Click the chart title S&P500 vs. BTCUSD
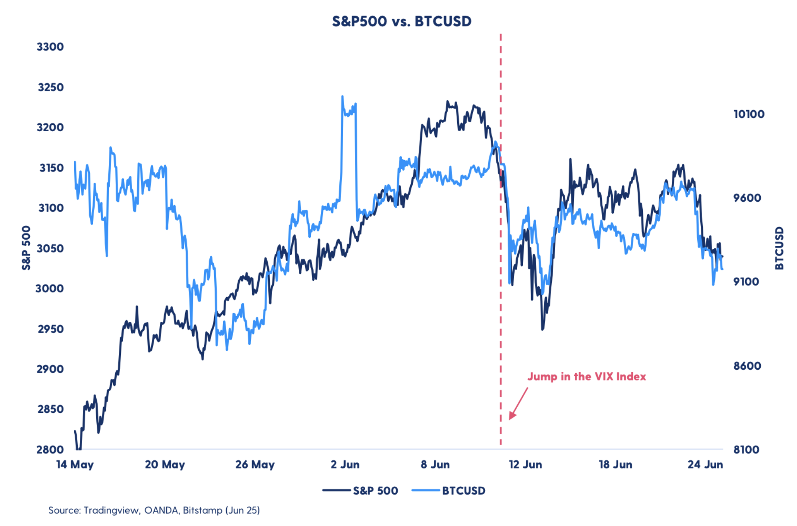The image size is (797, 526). (401, 21)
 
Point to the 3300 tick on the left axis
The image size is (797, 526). (50, 47)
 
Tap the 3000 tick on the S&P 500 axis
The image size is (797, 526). (50, 288)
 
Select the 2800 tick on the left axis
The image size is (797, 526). (50, 450)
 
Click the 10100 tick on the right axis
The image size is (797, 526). (749, 114)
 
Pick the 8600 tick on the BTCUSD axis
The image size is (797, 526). (747, 366)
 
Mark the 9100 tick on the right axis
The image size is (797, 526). (746, 282)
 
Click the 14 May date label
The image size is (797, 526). (75, 465)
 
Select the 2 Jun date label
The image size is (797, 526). (345, 465)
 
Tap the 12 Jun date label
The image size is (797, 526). (525, 465)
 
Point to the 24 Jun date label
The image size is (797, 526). (705, 465)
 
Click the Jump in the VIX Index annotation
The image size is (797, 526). (586, 377)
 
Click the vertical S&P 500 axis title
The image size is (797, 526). (26, 248)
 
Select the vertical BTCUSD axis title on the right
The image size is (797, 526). (779, 248)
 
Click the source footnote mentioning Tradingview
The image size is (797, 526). (154, 510)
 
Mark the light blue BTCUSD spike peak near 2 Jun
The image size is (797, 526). (342, 97)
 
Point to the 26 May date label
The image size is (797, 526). (255, 465)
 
